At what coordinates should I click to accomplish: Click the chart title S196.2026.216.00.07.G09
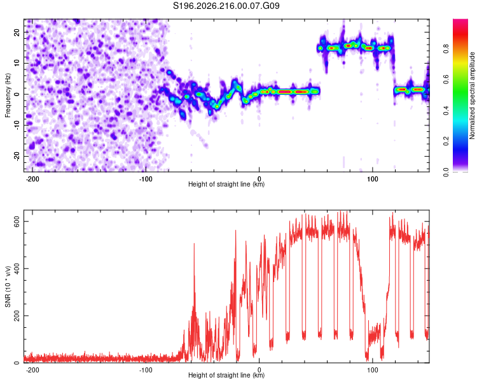tap(226, 6)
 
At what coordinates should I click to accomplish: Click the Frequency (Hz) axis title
tap(8, 95)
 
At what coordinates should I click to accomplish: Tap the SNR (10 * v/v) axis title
tap(8, 286)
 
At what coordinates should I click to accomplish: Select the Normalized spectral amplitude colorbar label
tap(472, 95)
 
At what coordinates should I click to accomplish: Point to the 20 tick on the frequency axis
tap(17, 32)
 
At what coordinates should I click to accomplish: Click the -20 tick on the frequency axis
tap(17, 156)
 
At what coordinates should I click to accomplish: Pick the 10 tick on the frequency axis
tap(17, 63)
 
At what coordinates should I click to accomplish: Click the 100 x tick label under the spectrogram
tap(372, 179)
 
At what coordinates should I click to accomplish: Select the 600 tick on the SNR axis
tap(17, 221)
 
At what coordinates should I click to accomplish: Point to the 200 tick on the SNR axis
tap(17, 316)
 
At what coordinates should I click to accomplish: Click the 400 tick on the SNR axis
tap(17, 269)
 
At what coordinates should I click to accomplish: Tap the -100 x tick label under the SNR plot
tap(146, 370)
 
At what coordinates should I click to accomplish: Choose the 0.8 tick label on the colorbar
tap(446, 48)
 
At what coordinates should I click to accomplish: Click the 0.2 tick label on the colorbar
tap(446, 141)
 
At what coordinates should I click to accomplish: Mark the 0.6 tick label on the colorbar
tap(446, 79)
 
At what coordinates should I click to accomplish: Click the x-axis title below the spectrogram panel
tap(226, 184)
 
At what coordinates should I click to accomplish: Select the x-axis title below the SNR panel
tap(226, 375)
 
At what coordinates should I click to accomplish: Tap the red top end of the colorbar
tap(460, 21)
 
